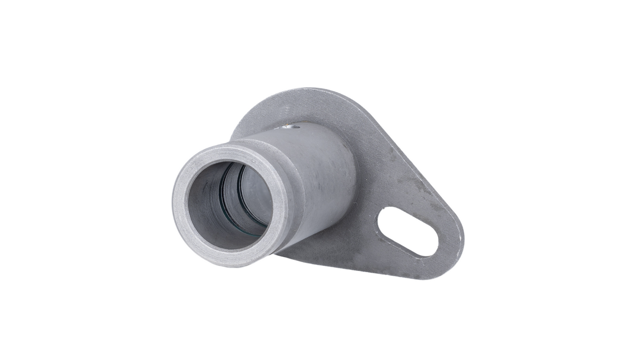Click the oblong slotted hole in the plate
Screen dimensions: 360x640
pyautogui.click(x=407, y=232)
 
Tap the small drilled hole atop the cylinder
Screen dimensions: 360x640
pyautogui.click(x=290, y=127)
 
